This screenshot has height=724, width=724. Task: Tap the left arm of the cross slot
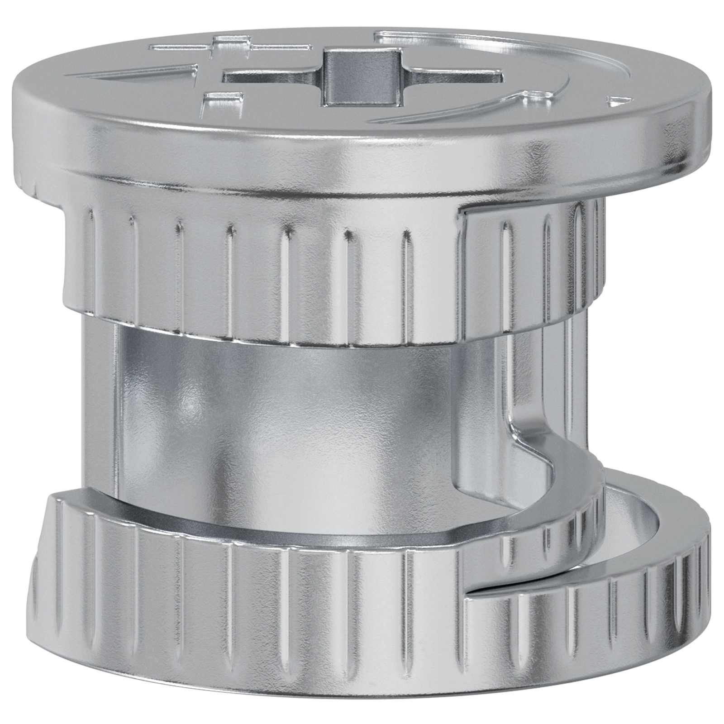(271, 77)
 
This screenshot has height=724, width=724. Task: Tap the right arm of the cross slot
(457, 77)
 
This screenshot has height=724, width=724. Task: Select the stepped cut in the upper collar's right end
(466, 217)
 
